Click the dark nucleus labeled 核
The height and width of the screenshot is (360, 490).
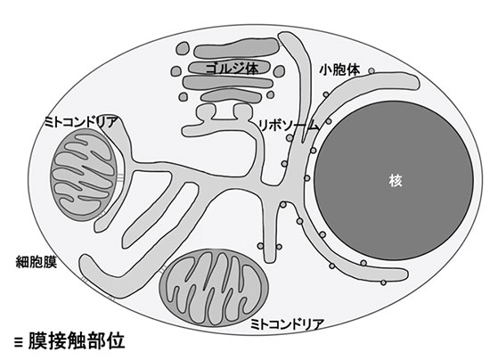click(x=394, y=181)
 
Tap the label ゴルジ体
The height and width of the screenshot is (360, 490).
click(x=232, y=68)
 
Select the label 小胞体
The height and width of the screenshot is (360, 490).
click(x=339, y=70)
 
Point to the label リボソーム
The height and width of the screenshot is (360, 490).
click(x=288, y=126)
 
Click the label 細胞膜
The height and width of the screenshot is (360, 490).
click(x=37, y=262)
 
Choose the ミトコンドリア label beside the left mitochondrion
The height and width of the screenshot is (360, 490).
click(x=80, y=122)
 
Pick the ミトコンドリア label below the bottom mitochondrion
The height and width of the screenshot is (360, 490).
click(x=287, y=324)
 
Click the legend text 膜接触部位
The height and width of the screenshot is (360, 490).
click(x=77, y=340)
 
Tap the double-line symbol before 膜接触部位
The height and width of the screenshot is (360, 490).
click(x=19, y=342)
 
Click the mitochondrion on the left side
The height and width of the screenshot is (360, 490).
click(x=85, y=175)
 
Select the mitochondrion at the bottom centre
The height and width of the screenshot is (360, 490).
click(x=214, y=288)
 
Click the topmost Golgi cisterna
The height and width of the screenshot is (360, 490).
click(x=237, y=48)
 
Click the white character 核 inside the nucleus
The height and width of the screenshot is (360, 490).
click(x=396, y=181)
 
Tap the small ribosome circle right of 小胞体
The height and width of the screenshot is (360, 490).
click(x=372, y=71)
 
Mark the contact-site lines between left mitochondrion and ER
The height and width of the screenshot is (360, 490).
click(x=120, y=177)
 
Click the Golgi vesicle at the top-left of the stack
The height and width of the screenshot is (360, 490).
click(x=183, y=49)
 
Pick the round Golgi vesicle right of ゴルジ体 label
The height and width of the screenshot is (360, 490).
click(x=279, y=71)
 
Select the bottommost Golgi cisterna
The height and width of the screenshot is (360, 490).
click(x=232, y=97)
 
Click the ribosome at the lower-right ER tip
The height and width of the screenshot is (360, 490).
click(x=383, y=282)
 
